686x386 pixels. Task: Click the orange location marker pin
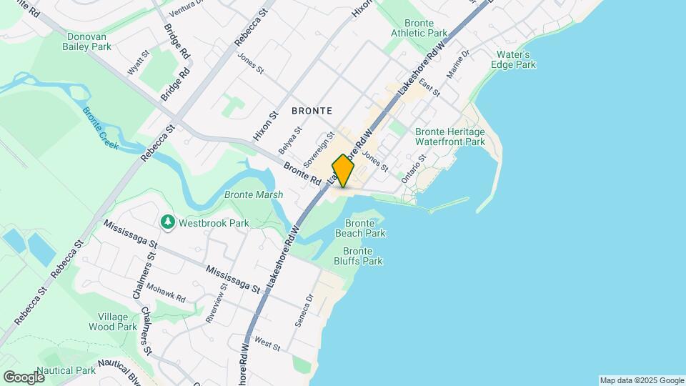(343, 170)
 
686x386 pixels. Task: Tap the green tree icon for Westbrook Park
(168, 222)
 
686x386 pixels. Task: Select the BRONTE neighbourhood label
(312, 111)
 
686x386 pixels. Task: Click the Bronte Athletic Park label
(419, 28)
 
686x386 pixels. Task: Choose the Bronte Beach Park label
(360, 228)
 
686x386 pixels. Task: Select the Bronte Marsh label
(254, 194)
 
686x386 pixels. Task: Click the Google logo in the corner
(23, 377)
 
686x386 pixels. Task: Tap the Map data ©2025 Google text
(641, 380)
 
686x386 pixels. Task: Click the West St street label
(267, 345)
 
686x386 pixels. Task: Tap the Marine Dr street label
(457, 64)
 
